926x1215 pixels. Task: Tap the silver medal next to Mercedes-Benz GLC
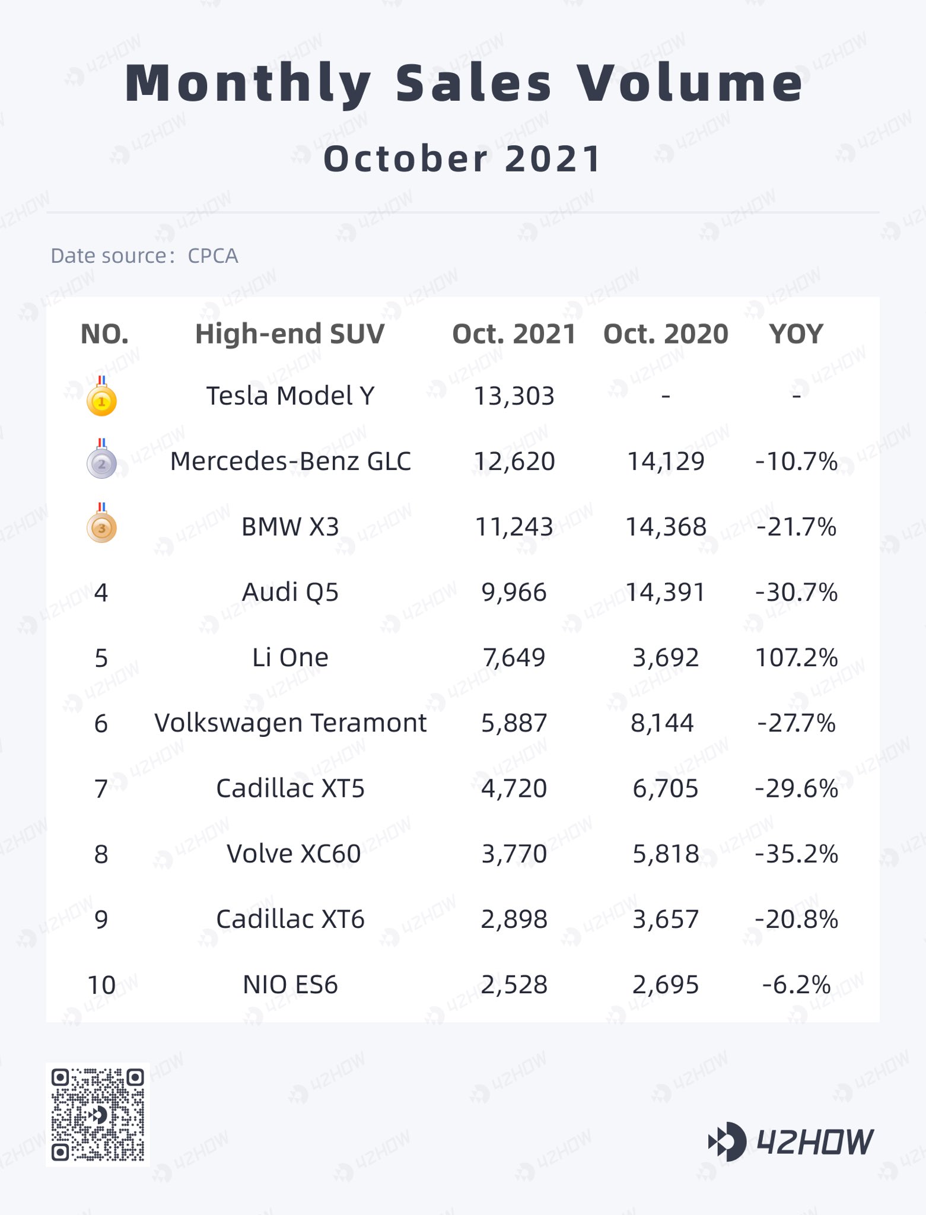(x=101, y=463)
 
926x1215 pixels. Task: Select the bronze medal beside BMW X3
(x=101, y=527)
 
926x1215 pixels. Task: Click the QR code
(x=98, y=1114)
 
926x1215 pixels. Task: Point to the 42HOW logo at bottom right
(x=791, y=1141)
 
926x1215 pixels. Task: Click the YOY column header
(x=796, y=334)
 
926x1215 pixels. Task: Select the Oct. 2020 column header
(x=666, y=334)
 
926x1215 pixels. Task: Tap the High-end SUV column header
(x=290, y=334)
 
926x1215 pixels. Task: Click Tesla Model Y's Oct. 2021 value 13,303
(x=514, y=396)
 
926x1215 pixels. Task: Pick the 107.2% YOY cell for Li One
(x=796, y=658)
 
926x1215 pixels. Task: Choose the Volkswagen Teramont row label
(x=290, y=723)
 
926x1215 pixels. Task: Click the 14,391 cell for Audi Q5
(x=666, y=592)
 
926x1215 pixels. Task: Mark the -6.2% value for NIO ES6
(x=796, y=985)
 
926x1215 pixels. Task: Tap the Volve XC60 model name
(x=294, y=854)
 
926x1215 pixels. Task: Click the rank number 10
(x=101, y=985)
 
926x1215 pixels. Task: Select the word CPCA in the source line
(x=212, y=256)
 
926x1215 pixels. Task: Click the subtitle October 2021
(x=463, y=159)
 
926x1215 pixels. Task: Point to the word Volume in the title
(x=690, y=82)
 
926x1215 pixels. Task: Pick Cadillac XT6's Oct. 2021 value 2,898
(x=514, y=920)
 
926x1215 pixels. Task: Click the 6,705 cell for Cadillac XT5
(x=666, y=788)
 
